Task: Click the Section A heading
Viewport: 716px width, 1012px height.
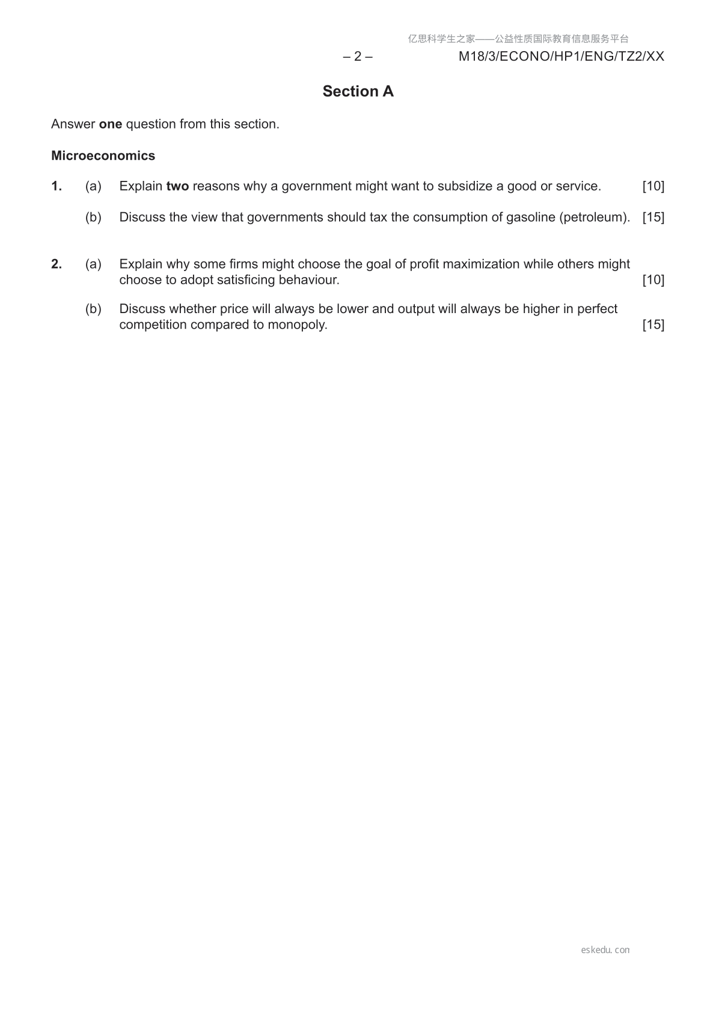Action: [358, 91]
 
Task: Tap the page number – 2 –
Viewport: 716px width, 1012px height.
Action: [358, 56]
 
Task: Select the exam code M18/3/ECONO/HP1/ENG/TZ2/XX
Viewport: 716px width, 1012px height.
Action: [561, 56]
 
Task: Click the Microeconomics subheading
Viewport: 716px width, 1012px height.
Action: [103, 156]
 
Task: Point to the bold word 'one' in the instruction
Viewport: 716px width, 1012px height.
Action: [110, 124]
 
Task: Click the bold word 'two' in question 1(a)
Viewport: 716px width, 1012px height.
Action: [177, 186]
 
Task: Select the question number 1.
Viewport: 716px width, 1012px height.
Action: [57, 186]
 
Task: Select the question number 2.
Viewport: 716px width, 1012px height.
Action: [57, 264]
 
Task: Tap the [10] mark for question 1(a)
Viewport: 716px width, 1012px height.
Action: [653, 186]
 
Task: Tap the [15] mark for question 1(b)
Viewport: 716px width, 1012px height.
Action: [653, 218]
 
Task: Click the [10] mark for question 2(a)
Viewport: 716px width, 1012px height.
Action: [653, 280]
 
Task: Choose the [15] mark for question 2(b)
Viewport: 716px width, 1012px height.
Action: [653, 325]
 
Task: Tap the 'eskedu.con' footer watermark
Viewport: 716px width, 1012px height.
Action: [605, 950]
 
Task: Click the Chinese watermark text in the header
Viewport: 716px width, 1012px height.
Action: [518, 39]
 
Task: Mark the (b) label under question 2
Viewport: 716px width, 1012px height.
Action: [93, 309]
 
